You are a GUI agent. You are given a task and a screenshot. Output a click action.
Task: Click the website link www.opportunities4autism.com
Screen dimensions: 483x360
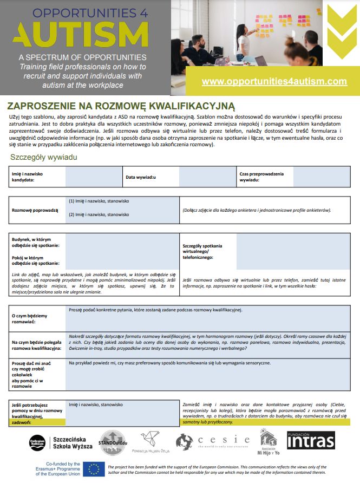pos(274,81)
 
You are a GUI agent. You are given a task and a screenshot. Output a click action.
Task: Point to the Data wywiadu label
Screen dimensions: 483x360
pos(141,177)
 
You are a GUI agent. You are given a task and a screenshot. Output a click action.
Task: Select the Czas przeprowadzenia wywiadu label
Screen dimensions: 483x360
pos(261,177)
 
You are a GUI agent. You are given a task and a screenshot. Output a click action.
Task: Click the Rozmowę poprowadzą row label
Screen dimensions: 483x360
pos(35,210)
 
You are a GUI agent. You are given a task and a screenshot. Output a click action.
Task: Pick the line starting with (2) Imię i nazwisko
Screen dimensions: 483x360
pos(99,214)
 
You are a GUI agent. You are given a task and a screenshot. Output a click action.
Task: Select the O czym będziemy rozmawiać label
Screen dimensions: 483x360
pos(29,318)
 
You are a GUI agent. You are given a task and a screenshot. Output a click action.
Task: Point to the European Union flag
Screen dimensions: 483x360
pos(93,469)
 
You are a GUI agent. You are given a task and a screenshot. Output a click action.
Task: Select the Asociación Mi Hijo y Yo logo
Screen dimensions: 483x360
pos(268,441)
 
